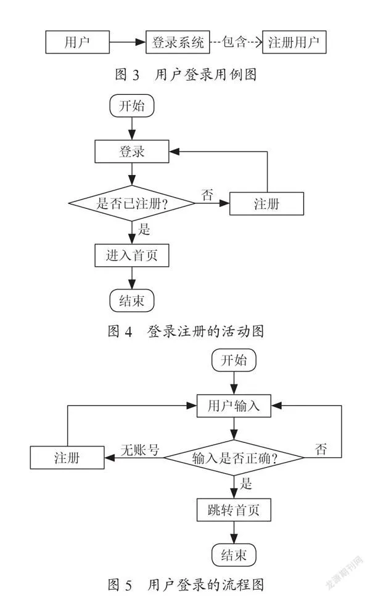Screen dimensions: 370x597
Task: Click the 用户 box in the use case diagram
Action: click(77, 42)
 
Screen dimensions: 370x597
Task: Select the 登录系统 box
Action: click(178, 42)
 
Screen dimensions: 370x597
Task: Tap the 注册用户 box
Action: click(294, 42)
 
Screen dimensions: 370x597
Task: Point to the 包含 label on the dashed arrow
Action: click(234, 41)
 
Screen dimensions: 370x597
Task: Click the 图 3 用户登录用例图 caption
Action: click(186, 75)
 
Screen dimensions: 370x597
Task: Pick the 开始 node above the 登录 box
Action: click(132, 105)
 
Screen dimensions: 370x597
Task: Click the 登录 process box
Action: click(132, 152)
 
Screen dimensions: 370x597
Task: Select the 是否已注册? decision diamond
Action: click(132, 203)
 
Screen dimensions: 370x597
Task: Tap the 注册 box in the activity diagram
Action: click(266, 204)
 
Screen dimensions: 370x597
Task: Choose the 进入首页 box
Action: click(132, 255)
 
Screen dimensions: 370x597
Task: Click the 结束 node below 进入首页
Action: click(132, 301)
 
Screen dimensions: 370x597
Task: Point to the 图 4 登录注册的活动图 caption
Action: click(186, 331)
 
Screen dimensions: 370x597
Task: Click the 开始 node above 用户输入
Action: click(234, 360)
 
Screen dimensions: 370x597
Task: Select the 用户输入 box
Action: click(234, 406)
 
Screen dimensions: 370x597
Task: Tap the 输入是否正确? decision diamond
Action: click(234, 457)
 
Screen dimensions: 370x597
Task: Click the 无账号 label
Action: click(140, 450)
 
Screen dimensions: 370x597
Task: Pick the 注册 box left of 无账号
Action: click(67, 457)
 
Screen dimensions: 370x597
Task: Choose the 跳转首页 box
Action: click(234, 510)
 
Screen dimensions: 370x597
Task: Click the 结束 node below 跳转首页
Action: click(234, 555)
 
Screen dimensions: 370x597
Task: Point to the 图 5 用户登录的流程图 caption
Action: click(186, 585)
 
